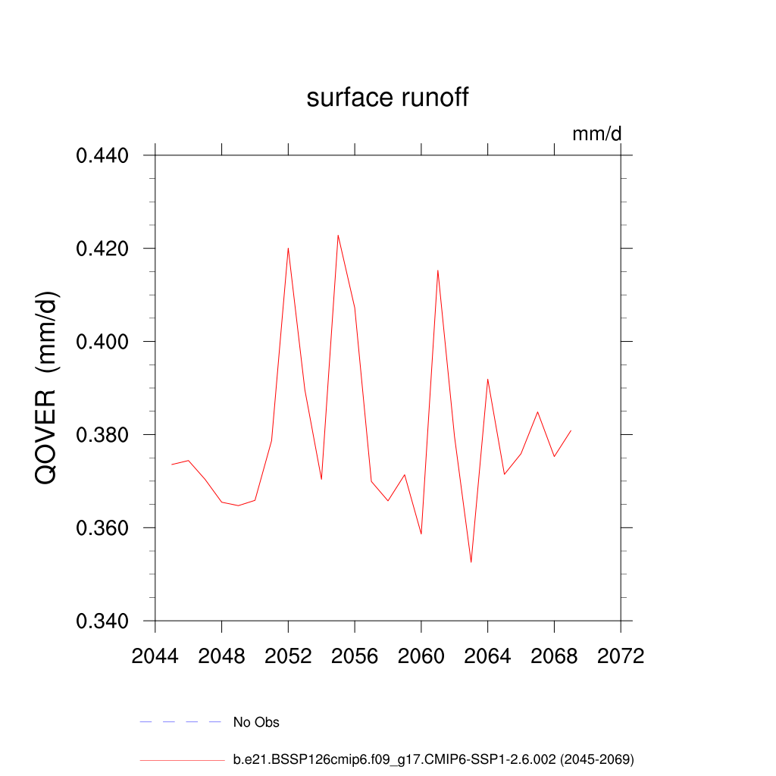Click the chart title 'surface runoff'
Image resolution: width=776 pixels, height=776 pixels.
[387, 98]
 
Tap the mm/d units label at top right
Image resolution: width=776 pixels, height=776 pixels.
[596, 134]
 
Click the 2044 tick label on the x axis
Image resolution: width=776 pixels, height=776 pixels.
[155, 656]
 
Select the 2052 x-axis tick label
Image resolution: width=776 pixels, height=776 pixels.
[288, 656]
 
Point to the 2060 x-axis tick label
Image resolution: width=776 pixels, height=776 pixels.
[421, 656]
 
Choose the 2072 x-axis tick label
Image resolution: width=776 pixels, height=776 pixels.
[621, 656]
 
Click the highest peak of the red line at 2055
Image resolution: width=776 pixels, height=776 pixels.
[338, 235]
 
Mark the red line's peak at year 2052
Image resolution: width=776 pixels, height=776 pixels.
[288, 248]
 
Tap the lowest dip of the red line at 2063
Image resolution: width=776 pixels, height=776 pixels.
[471, 562]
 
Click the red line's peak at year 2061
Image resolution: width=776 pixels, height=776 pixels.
[438, 271]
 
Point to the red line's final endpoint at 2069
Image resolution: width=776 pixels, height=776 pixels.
[571, 430]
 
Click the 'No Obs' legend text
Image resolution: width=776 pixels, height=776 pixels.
[256, 722]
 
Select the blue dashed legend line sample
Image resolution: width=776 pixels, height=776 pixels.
[180, 722]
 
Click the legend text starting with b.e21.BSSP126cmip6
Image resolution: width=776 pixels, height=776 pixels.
[433, 759]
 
